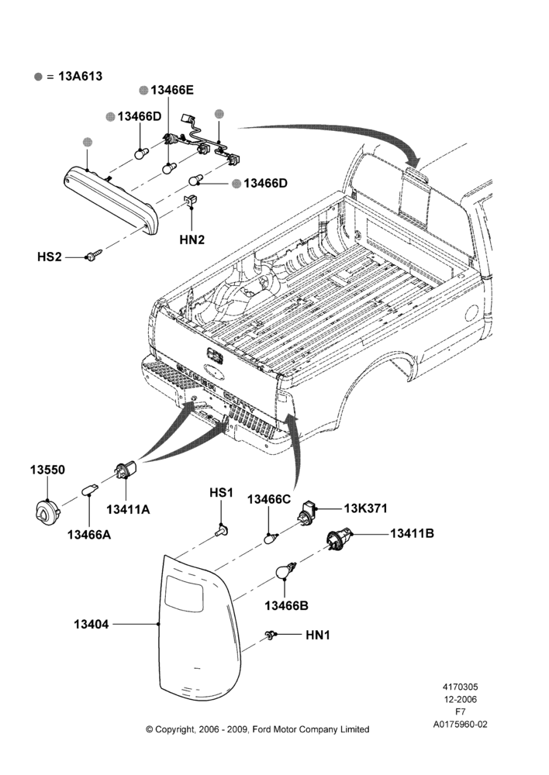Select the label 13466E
[x=172, y=90]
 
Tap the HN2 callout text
[x=192, y=239]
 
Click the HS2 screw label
[x=50, y=257]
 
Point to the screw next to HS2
[x=93, y=256]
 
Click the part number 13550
[x=47, y=470]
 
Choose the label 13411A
[x=128, y=509]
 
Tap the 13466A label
[x=89, y=535]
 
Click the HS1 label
[x=221, y=493]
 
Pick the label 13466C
[x=269, y=499]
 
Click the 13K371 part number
[x=365, y=508]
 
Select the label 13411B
[x=412, y=533]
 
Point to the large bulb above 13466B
[x=285, y=571]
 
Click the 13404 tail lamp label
[x=91, y=624]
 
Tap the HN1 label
[x=317, y=635]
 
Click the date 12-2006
[x=460, y=699]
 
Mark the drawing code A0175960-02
[x=460, y=725]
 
